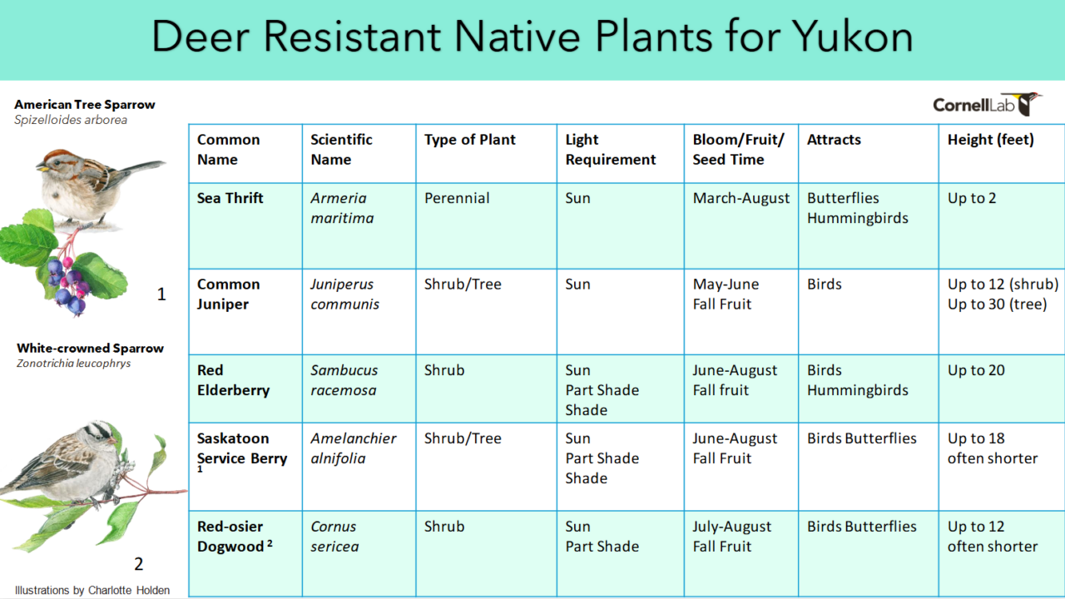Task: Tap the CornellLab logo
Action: coord(987,104)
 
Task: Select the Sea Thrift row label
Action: coord(230,198)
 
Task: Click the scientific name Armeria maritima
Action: coord(342,208)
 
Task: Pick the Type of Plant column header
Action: coord(470,140)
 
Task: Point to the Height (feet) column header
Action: coord(991,140)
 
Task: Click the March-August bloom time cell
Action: coord(741,198)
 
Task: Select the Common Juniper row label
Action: coord(229,295)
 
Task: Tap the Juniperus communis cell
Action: coord(344,295)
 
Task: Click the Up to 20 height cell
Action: coord(976,370)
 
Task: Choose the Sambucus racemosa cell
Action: coord(344,380)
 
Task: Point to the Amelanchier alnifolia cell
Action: coord(354,448)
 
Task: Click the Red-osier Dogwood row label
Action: coord(235,537)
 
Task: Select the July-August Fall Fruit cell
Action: coord(732,537)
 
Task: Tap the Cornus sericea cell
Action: coord(334,537)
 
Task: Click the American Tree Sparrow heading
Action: coord(85,105)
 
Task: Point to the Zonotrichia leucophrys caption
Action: coord(74,364)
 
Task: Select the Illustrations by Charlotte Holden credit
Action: coord(92,591)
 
